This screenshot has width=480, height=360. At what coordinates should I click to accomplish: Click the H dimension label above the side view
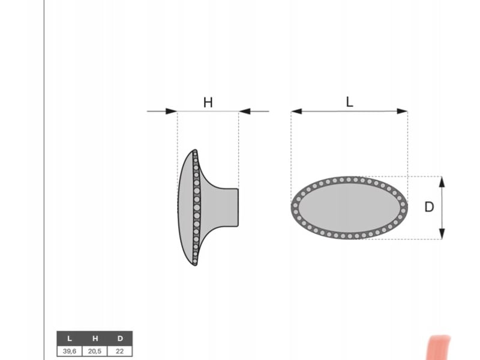[x=208, y=102]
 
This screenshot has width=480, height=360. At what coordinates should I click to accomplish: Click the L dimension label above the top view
[x=350, y=102]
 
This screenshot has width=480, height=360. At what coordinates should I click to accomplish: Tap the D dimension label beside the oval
[x=429, y=207]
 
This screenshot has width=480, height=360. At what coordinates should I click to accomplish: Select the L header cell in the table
[x=70, y=338]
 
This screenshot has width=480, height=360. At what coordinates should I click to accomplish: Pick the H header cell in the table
[x=95, y=338]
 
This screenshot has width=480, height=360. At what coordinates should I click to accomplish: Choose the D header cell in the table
[x=120, y=338]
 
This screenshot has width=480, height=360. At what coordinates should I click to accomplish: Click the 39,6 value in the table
[x=70, y=351]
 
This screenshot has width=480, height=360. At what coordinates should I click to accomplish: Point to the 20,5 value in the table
[x=95, y=351]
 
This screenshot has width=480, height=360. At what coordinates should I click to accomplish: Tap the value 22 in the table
[x=119, y=351]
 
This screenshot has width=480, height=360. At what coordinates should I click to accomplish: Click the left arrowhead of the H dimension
[x=172, y=111]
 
